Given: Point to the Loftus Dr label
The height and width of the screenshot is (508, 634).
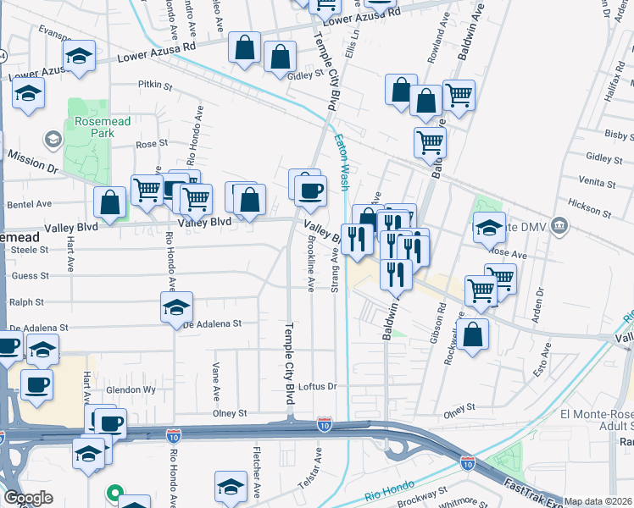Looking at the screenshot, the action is [319, 386].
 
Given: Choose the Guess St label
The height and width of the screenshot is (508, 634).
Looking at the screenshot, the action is [30, 275].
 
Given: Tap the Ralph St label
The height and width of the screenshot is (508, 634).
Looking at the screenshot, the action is [25, 301].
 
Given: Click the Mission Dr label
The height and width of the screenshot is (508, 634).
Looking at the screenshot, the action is [32, 163].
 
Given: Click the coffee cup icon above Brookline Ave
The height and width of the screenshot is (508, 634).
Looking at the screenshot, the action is [310, 190].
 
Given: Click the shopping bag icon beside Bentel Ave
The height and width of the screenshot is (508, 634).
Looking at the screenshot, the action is [110, 202].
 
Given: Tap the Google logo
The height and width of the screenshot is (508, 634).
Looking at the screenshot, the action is [29, 498].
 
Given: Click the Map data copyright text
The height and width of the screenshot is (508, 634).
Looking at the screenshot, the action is [598, 501].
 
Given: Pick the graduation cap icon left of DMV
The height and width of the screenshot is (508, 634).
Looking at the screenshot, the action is [489, 227].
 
